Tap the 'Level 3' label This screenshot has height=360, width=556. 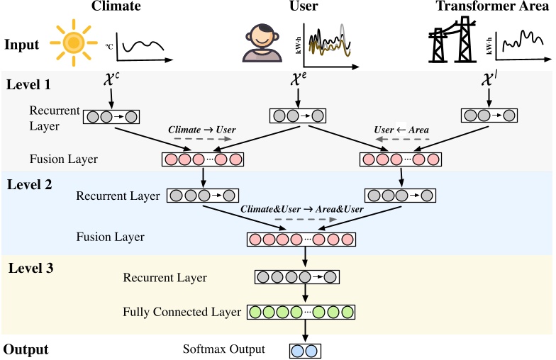click(x=30, y=268)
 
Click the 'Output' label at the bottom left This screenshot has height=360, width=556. click(x=26, y=349)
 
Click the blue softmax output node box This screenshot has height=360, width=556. click(x=305, y=350)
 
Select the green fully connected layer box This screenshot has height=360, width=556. click(x=301, y=312)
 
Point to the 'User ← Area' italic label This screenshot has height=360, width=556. click(x=402, y=130)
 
